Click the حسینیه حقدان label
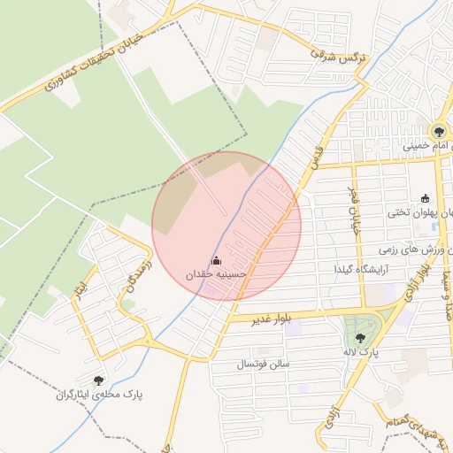[216, 275]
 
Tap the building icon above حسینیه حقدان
[217, 261]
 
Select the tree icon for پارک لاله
[359, 338]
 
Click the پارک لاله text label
[362, 352]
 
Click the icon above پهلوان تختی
[426, 198]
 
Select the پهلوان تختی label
[419, 213]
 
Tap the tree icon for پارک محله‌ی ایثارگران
[98, 380]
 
